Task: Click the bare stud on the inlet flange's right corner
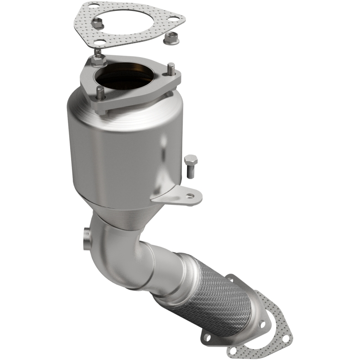pyautogui.click(x=171, y=69)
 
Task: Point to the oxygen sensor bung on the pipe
pyautogui.click(x=86, y=237)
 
